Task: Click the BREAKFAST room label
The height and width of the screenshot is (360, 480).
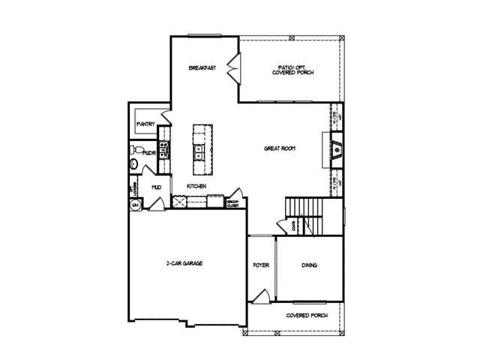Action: point(202,68)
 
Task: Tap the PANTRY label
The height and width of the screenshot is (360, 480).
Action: point(145,124)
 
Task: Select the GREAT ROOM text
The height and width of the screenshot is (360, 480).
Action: point(279,148)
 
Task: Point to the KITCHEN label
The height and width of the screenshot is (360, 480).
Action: point(196,186)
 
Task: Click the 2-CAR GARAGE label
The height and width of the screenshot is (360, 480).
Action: point(184,263)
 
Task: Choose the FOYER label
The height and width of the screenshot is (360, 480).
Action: point(261,265)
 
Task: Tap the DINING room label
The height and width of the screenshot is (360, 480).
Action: point(310,265)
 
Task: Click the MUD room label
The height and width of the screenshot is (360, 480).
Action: point(157,187)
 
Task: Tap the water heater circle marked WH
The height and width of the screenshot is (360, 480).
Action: point(136,204)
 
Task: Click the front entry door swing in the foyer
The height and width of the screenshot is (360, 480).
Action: point(259,298)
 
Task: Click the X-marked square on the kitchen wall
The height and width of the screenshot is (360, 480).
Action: point(179,201)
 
